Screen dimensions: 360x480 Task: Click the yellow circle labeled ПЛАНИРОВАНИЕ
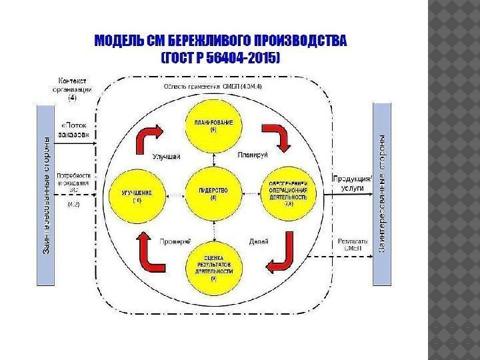(213, 127)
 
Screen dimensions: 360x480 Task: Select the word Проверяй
(176, 241)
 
